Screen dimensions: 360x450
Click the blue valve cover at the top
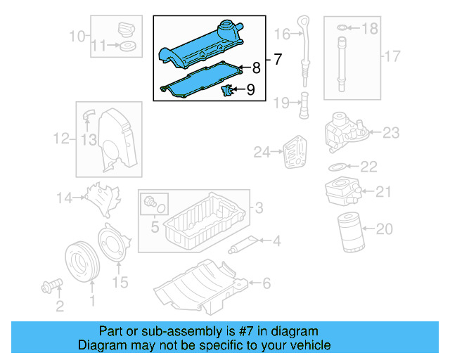click(203, 46)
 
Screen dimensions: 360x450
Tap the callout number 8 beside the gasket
click(256, 68)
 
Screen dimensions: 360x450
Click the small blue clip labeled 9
click(227, 91)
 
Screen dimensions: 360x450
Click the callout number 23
click(390, 131)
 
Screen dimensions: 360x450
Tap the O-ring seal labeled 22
click(337, 167)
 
